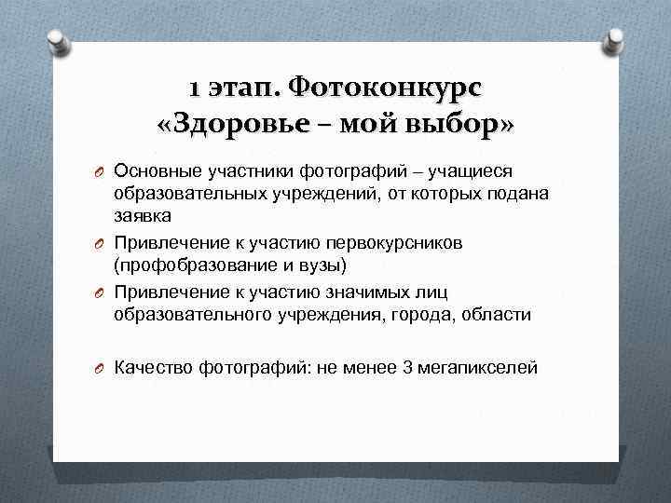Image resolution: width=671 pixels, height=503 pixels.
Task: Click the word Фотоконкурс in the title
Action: coord(386,89)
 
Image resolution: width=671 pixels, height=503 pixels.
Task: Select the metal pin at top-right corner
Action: coord(615,38)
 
